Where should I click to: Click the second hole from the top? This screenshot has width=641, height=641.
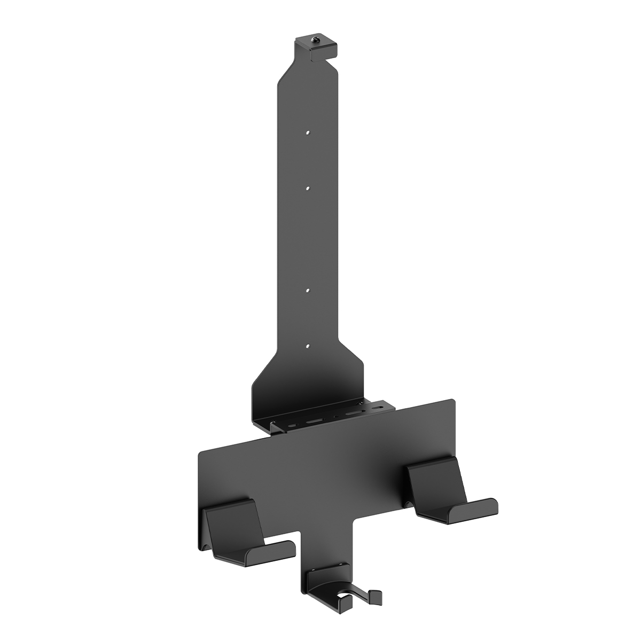[308, 188]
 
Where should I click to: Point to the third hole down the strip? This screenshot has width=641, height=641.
[308, 291]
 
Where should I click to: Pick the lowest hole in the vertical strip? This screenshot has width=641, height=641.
[308, 347]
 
